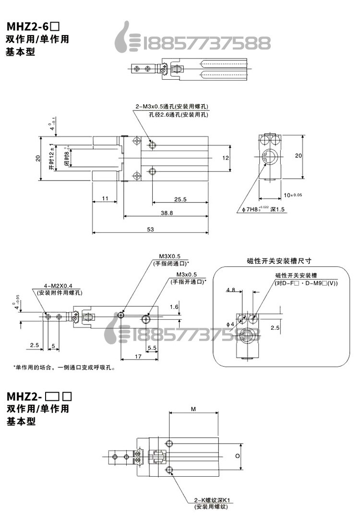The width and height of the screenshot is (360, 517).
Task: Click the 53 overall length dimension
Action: pos(150,229)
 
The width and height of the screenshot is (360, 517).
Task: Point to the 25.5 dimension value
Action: pos(180,199)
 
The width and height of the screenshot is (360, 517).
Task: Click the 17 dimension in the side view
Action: pos(138,356)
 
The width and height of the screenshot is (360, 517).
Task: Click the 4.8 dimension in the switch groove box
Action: pos(230,290)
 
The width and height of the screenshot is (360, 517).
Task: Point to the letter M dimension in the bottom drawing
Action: pos(193,409)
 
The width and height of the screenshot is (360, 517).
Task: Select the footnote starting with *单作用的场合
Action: pos(65,368)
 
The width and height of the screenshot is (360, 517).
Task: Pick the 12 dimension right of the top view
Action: pos(226,157)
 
